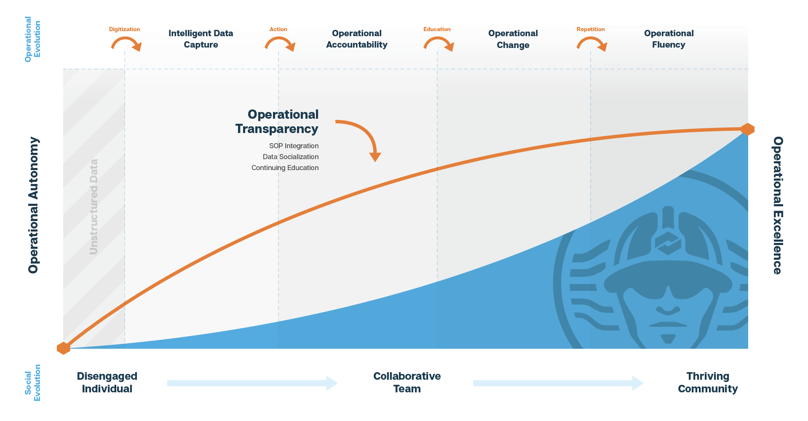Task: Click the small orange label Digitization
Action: click(x=124, y=29)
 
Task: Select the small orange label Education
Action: click(x=437, y=29)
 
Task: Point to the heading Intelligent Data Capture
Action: click(x=201, y=39)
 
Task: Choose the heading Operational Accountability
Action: click(x=356, y=39)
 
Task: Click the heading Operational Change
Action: click(x=513, y=39)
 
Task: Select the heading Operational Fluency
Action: click(x=669, y=39)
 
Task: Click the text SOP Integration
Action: click(x=294, y=146)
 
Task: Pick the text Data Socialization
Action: click(x=291, y=157)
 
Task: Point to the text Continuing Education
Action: click(x=285, y=168)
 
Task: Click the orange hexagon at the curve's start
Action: click(x=63, y=348)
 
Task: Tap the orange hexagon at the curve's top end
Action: click(x=747, y=129)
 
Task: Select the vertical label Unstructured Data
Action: click(x=94, y=207)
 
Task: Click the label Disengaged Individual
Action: click(x=107, y=382)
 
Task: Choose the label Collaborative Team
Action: click(x=407, y=382)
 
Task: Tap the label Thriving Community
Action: click(x=707, y=382)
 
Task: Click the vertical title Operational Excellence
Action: click(x=778, y=205)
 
